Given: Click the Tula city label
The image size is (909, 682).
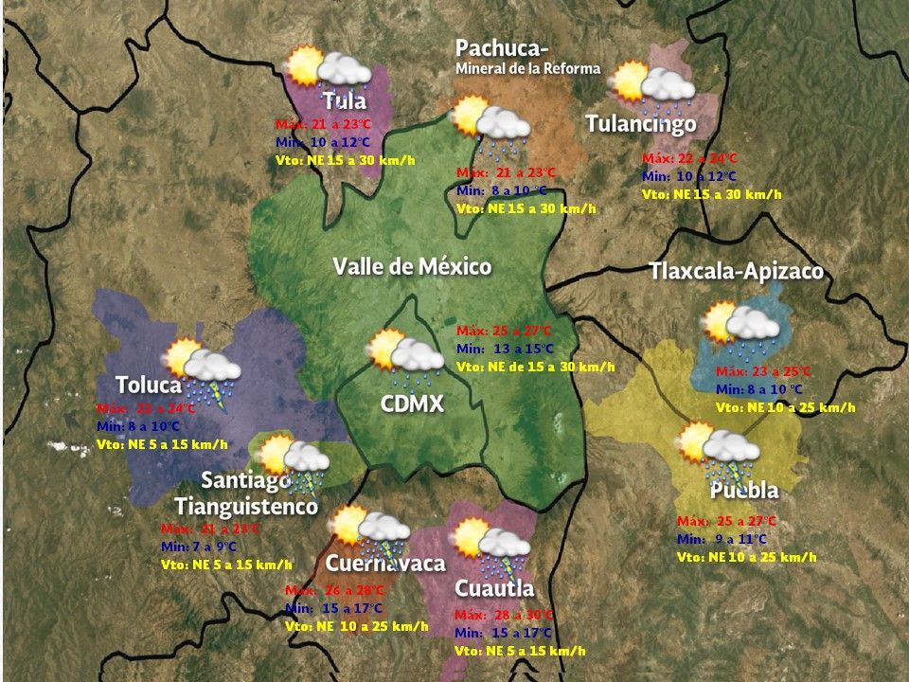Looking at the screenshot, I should coord(344,100).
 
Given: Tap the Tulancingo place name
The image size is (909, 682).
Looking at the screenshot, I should coord(641,124).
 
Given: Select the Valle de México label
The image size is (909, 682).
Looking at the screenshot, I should coord(412,266).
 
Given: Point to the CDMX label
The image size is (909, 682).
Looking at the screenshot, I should coord(412,404).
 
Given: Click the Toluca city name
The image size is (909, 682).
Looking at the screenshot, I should coord(149,385).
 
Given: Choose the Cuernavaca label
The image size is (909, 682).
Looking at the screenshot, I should coord(385,564).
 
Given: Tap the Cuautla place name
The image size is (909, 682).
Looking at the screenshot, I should coord(494,588).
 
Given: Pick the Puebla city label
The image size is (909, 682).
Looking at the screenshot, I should coord(744,491).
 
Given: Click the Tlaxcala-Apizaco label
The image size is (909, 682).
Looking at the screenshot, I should coord(736,272).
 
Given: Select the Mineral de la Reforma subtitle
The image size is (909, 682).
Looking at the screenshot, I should coord(527,69).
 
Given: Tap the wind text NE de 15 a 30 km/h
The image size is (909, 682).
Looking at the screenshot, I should coord(535,367).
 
